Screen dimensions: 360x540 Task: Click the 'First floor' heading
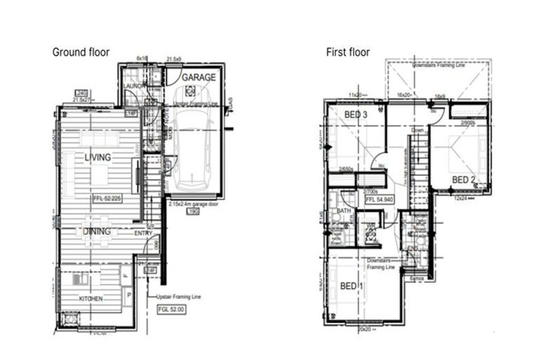(x=347, y=52)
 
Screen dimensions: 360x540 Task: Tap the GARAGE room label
(x=198, y=77)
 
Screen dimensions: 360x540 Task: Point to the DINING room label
(x=98, y=229)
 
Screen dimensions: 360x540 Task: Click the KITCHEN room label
(x=91, y=299)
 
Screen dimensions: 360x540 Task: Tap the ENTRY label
(x=143, y=233)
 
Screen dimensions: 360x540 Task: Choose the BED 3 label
(x=356, y=115)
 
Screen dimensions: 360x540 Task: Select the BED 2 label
(x=463, y=180)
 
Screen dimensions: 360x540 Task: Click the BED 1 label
(x=352, y=286)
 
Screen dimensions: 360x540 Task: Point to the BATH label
(x=344, y=211)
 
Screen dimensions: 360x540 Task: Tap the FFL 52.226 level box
(x=106, y=199)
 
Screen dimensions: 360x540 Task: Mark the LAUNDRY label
(x=134, y=86)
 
